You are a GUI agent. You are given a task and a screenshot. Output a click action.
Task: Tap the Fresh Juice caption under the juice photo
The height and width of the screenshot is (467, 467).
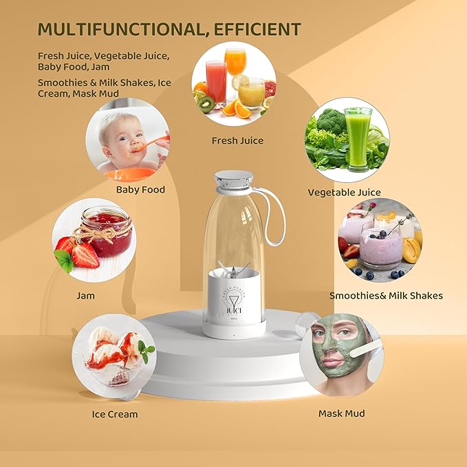[237, 140]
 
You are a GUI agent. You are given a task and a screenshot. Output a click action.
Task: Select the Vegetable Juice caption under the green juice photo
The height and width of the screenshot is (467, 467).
[344, 193]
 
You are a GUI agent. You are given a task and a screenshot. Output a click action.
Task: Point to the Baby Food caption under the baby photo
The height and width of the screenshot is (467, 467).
[140, 189]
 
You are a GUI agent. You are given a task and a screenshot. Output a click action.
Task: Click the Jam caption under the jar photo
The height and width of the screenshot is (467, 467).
[86, 296]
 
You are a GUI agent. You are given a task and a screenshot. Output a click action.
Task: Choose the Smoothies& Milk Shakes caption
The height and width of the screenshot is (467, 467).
[386, 296]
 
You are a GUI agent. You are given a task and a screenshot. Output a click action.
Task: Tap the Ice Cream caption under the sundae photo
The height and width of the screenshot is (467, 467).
[115, 414]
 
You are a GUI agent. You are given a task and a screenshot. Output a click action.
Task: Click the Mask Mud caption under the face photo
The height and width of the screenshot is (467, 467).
[341, 413]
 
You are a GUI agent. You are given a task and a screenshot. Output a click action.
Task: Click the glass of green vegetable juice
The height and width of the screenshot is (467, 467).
[358, 138]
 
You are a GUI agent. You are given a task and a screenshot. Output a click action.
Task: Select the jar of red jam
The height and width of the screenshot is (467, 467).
[106, 230]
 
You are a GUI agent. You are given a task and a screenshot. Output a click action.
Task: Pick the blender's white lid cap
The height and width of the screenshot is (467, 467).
[236, 180]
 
